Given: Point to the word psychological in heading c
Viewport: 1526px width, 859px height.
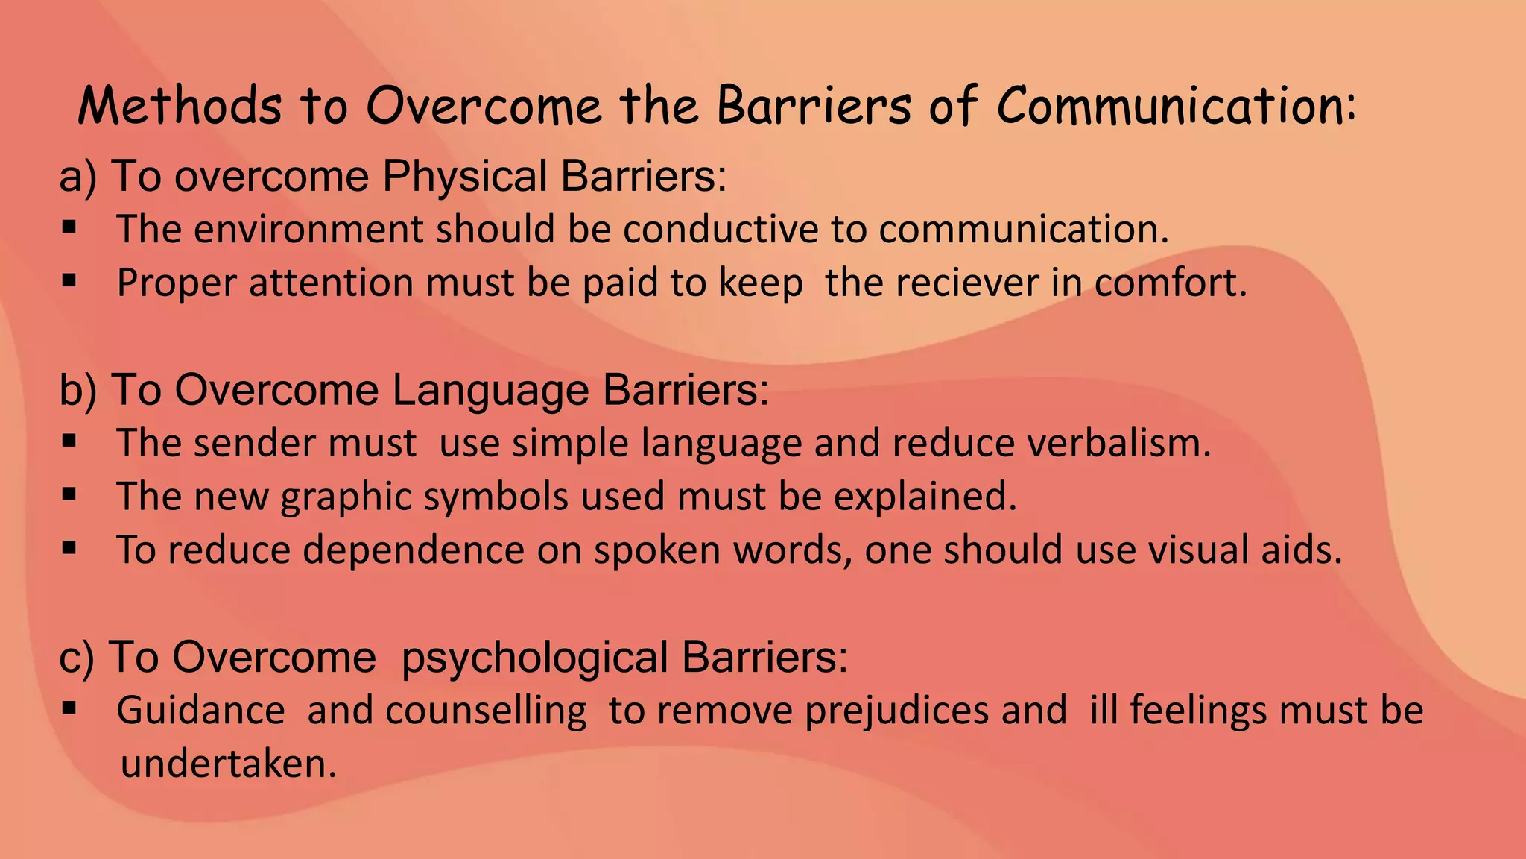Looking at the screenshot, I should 534,658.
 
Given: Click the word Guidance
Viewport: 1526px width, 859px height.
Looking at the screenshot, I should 200,710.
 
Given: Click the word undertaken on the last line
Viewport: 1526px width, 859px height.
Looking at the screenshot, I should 229,764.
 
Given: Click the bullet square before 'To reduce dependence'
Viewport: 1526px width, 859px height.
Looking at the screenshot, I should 69,548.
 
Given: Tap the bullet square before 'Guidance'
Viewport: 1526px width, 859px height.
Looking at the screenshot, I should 69,708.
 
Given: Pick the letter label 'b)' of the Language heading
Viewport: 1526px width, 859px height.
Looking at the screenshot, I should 77,390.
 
